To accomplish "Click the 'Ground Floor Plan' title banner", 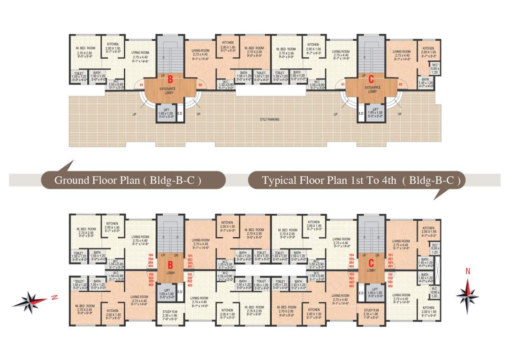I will coord(128,180).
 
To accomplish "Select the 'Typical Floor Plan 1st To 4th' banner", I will coord(357,180).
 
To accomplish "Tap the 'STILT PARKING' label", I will coord(270,120).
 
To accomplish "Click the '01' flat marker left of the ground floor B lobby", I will coord(141,85).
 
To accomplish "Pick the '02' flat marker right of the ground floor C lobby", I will coord(400,85).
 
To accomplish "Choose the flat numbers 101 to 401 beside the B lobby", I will coord(190,260).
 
